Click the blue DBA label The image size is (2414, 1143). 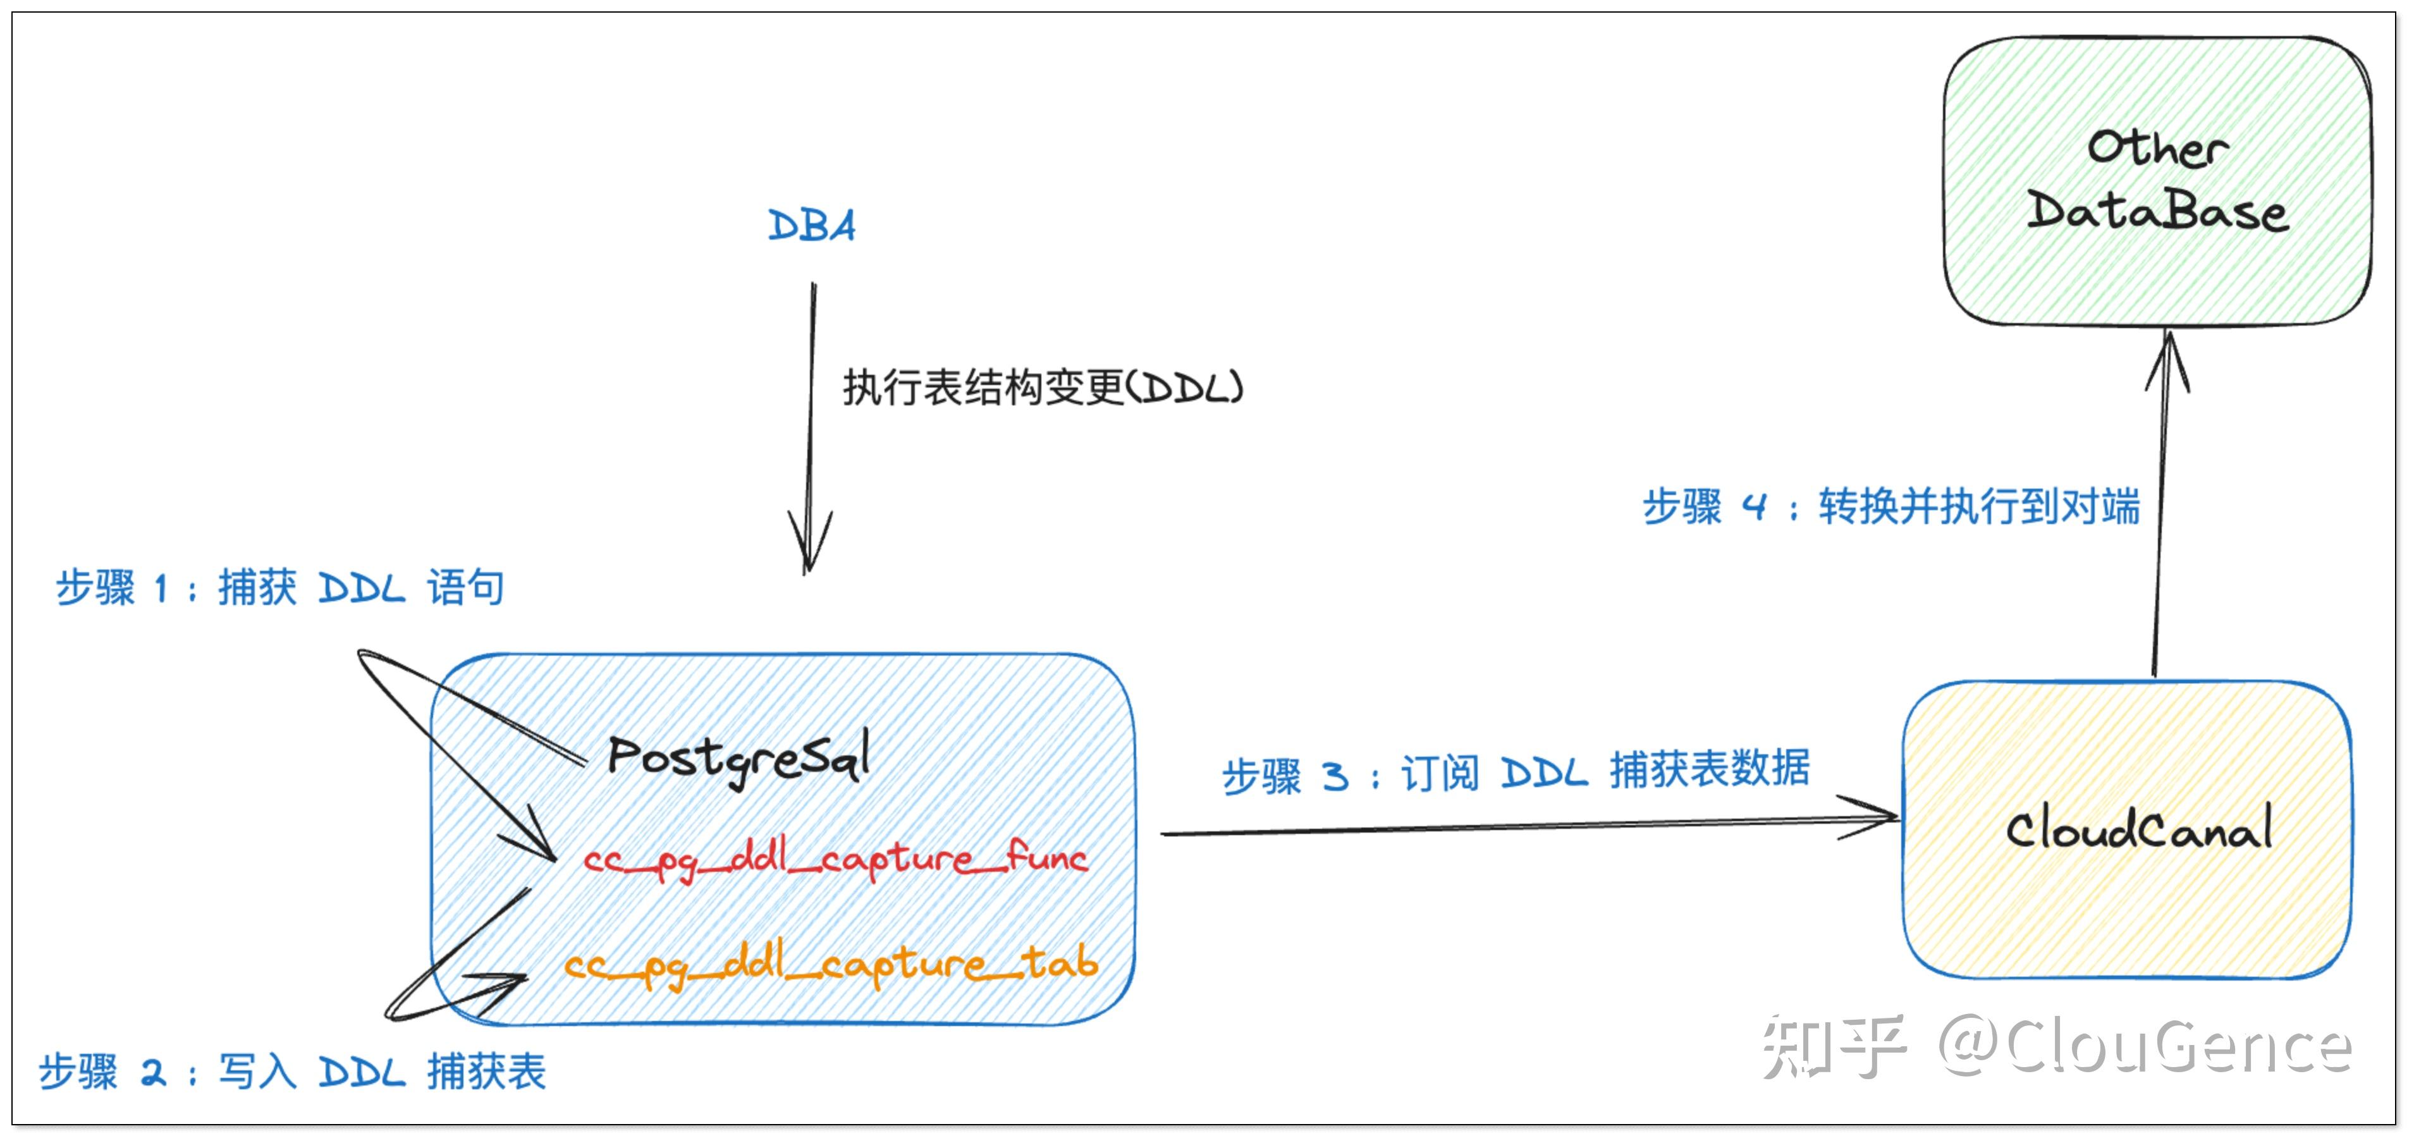(812, 226)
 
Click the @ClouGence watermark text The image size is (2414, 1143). (2144, 1046)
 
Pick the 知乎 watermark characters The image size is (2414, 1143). (1833, 1046)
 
